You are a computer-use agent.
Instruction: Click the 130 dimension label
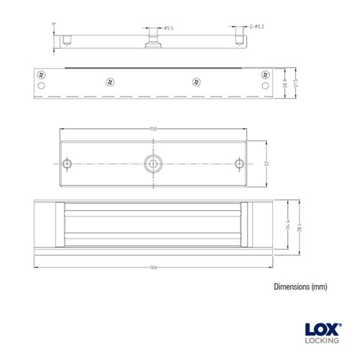[153, 129]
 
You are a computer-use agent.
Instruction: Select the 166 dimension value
[153, 268]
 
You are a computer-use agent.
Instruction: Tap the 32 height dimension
[266, 163]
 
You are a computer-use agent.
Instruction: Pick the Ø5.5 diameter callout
[168, 28]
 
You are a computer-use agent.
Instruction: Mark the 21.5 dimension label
[296, 84]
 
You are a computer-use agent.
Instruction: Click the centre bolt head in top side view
[153, 36]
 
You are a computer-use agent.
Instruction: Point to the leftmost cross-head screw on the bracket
[42, 74]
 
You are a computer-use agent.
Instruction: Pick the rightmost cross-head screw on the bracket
[264, 74]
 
